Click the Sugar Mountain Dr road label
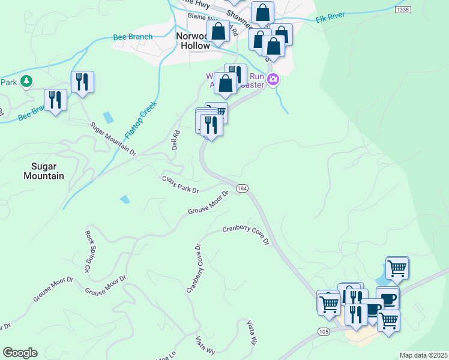(113, 139)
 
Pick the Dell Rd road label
(176, 140)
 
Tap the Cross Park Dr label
(180, 184)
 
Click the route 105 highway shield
(324, 332)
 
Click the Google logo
(20, 353)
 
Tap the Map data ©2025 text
(423, 355)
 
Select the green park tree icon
(26, 81)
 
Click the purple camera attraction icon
(273, 79)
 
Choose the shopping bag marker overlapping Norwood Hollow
(218, 31)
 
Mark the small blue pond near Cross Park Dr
(125, 199)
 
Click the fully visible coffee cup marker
(387, 298)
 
